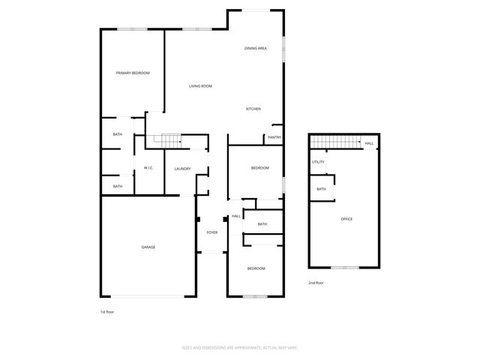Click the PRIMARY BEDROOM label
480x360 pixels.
[x=133, y=73]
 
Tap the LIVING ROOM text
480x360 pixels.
[x=200, y=86]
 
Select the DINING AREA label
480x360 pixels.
[x=256, y=49]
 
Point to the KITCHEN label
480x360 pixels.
[x=253, y=109]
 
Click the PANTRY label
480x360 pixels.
[x=274, y=137]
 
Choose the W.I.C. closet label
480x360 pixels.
[x=148, y=168]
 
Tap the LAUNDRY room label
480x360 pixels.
[x=182, y=169]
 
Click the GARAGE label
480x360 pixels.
[x=148, y=247]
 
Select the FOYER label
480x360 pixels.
[x=212, y=232]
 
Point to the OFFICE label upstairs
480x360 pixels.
[x=346, y=219]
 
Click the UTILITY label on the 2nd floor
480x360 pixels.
[x=318, y=162]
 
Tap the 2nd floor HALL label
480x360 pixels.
[x=369, y=143]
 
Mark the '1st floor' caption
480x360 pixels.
[x=106, y=311]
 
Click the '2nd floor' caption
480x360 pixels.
[x=316, y=283]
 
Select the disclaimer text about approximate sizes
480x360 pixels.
[x=240, y=347]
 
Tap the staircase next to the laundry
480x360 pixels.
[x=167, y=140]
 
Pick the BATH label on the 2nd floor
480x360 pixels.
[x=321, y=189]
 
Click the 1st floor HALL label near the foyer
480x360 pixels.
[x=235, y=216]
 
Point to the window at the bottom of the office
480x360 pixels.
[x=345, y=268]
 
